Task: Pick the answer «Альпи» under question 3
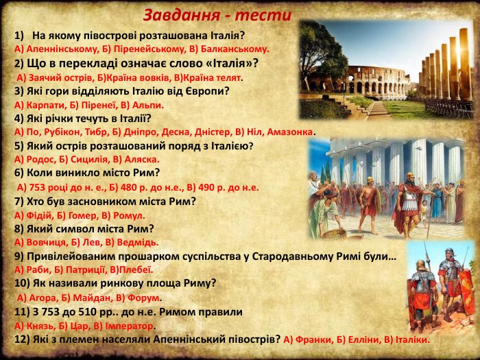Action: click(x=148, y=106)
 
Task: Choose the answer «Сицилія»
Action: click(x=88, y=160)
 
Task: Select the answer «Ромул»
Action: click(x=129, y=216)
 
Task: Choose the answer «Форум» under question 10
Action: click(x=143, y=298)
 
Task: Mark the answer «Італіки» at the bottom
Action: click(x=413, y=340)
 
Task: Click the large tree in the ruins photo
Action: click(x=322, y=55)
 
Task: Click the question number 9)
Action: click(x=19, y=256)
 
